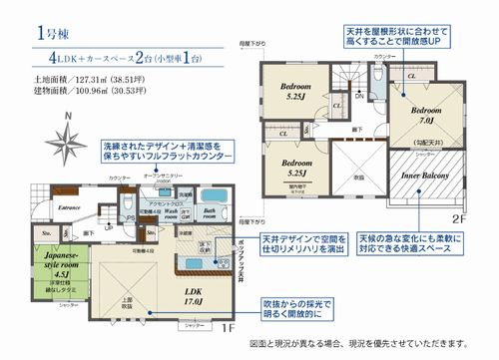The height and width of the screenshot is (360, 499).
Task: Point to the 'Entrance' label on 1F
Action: click(x=69, y=207)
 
